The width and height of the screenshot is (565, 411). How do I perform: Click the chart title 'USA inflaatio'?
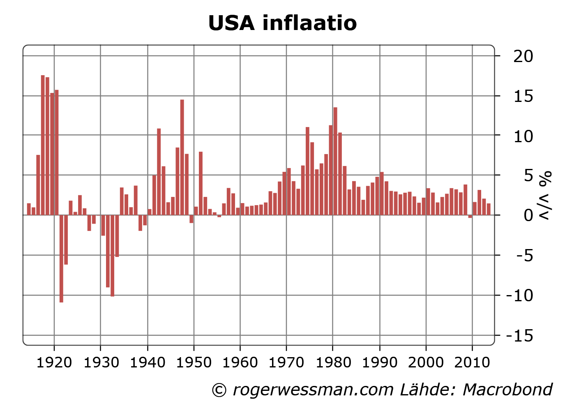coord(282,23)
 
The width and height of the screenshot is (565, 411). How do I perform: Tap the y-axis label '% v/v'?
coord(545,195)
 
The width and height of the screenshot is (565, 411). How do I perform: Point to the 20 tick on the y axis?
coord(523,56)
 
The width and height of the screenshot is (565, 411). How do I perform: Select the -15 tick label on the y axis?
coord(519,336)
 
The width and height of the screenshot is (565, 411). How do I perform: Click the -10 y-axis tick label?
coord(519,295)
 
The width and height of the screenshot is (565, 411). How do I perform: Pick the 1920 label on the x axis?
coord(54,363)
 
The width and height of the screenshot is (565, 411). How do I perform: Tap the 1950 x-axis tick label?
coord(194,363)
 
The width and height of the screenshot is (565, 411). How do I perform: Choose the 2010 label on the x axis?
coord(473,363)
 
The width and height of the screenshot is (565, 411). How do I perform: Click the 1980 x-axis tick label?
coord(333,363)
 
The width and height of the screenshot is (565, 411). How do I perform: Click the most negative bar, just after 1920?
coord(61,259)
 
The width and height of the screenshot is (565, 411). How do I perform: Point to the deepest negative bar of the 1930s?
coord(112,255)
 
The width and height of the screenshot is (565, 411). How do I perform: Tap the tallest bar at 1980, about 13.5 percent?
coord(335,161)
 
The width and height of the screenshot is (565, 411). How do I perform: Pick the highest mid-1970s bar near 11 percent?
coord(307,171)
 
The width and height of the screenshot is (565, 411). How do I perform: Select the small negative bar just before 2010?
coord(470,217)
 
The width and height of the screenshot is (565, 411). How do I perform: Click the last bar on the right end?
coord(489,209)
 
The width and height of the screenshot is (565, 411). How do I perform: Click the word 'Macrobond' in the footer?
coord(507,390)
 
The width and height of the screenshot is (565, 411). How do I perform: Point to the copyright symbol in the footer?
coord(219,390)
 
